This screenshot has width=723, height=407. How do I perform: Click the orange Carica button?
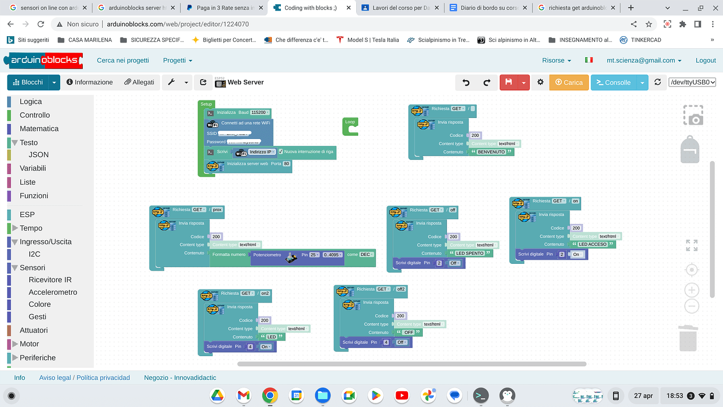click(x=568, y=82)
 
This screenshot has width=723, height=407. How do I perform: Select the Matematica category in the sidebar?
click(x=39, y=128)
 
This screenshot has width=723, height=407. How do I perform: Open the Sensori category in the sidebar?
click(x=32, y=267)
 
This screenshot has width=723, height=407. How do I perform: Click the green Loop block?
click(x=350, y=126)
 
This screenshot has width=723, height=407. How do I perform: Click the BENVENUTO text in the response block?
click(x=491, y=152)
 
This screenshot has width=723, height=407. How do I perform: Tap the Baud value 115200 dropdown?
click(x=260, y=112)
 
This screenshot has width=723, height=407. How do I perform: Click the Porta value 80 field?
click(x=287, y=164)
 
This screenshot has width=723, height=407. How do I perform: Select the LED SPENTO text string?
click(x=470, y=253)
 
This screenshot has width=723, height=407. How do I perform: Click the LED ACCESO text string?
click(x=593, y=244)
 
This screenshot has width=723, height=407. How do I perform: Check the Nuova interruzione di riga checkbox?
click(x=281, y=152)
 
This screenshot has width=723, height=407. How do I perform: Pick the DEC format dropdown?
click(x=367, y=255)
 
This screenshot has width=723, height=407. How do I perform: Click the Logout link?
click(x=705, y=60)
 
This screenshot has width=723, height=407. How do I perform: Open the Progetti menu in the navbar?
click(x=177, y=60)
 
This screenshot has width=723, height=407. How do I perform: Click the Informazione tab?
click(x=90, y=82)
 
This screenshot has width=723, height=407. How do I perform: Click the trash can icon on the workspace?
click(x=687, y=338)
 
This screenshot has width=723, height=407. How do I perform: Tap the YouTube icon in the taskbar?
click(x=402, y=395)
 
